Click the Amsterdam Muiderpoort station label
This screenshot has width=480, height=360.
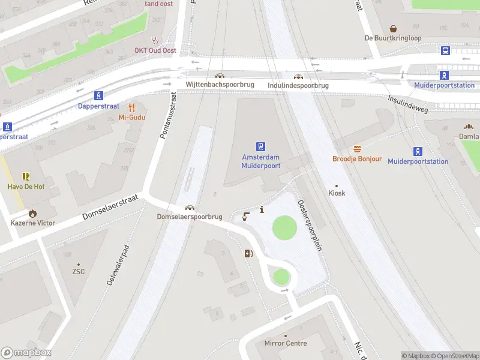261,161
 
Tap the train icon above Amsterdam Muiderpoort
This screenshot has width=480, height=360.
261,146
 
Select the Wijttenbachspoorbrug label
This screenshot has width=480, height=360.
220,85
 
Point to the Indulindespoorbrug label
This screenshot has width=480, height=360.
298,86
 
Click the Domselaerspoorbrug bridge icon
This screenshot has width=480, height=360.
190,207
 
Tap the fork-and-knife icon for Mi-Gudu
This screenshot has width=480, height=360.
131,107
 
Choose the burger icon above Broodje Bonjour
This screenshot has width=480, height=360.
357,149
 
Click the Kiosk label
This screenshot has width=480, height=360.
337,193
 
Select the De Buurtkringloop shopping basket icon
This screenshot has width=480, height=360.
394,28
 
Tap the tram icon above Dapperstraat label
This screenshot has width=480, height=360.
98,95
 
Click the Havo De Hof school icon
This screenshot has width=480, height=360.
26,176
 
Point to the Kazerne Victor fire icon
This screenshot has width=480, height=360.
32,213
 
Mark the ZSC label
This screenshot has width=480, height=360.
79,271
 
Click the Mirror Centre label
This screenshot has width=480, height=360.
286,344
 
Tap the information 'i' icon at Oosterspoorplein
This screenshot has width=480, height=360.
262,209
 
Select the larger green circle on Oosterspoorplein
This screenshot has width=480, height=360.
284,228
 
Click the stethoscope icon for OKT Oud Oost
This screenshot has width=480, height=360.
155,40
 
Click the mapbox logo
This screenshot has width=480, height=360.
26,353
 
